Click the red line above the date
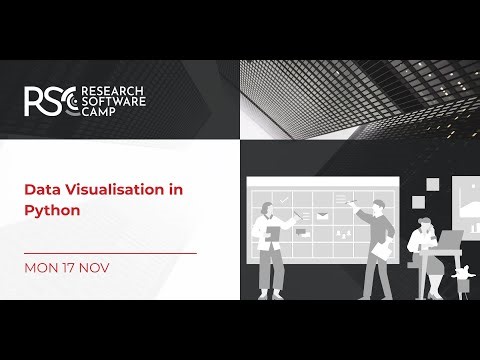pos(110,253)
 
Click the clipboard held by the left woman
pos(272,234)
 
